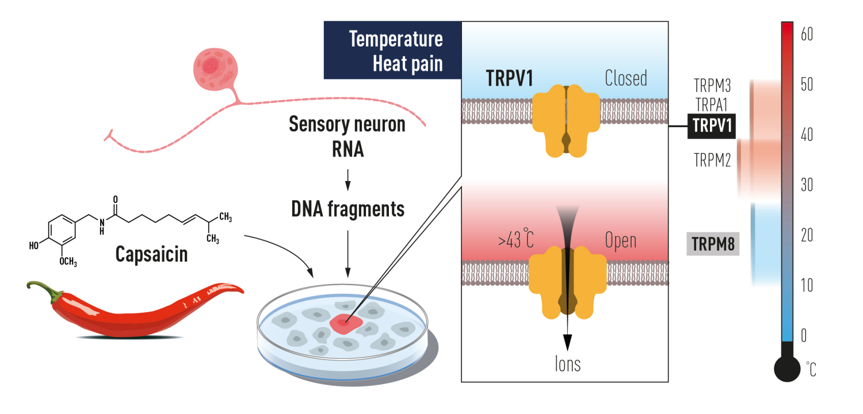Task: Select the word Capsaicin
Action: [x=151, y=255]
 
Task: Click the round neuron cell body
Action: [x=215, y=70]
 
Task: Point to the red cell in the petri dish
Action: [x=346, y=324]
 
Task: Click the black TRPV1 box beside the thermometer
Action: [x=712, y=126]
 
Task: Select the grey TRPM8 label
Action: [x=713, y=244]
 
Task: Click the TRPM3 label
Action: [x=712, y=86]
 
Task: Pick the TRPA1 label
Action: [x=711, y=105]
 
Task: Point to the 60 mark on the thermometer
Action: [x=807, y=34]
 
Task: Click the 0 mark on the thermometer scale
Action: [x=804, y=335]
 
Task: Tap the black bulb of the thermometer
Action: [x=787, y=369]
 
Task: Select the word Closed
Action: [x=626, y=79]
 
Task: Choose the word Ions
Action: [x=567, y=364]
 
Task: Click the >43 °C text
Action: [x=516, y=239]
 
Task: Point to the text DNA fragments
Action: [x=348, y=209]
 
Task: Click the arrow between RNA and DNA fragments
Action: [x=348, y=180]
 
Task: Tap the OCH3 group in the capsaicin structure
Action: [x=68, y=262]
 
